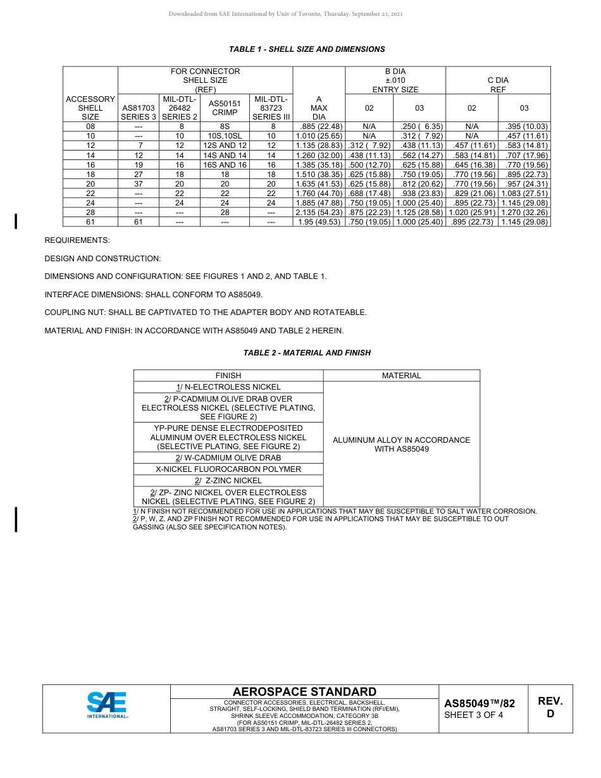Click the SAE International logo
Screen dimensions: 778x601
pyautogui.click(x=107, y=705)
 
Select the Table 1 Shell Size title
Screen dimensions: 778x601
pyautogui.click(x=307, y=49)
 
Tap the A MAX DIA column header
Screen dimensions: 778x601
pyautogui.click(x=319, y=108)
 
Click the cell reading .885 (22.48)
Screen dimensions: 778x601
pyautogui.click(x=319, y=127)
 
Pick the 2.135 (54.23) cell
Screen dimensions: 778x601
pyautogui.click(x=319, y=213)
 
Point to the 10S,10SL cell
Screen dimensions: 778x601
pyautogui.click(x=225, y=136)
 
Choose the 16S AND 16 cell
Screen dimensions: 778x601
pyautogui.click(x=225, y=165)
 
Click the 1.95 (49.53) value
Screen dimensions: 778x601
pyautogui.click(x=319, y=222)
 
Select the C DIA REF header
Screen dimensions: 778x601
pyautogui.click(x=498, y=85)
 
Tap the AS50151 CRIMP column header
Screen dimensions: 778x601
pyautogui.click(x=225, y=108)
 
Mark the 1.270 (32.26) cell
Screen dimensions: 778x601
pyautogui.click(x=524, y=213)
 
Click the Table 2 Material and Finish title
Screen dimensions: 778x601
pyautogui.click(x=307, y=353)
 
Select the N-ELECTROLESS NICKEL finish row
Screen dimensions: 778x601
pyautogui.click(x=228, y=387)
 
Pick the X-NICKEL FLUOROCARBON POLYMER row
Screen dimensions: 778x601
pyautogui.click(x=228, y=469)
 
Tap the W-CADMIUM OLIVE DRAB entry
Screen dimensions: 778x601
pyautogui.click(x=228, y=458)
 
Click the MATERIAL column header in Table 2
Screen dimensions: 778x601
pyautogui.click(x=401, y=376)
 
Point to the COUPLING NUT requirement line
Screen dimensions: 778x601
pyautogui.click(x=206, y=312)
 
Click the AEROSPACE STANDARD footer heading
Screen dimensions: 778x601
pyautogui.click(x=304, y=692)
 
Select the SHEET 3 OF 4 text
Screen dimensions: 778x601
pyautogui.click(x=474, y=715)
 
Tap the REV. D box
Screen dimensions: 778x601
pyautogui.click(x=550, y=708)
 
